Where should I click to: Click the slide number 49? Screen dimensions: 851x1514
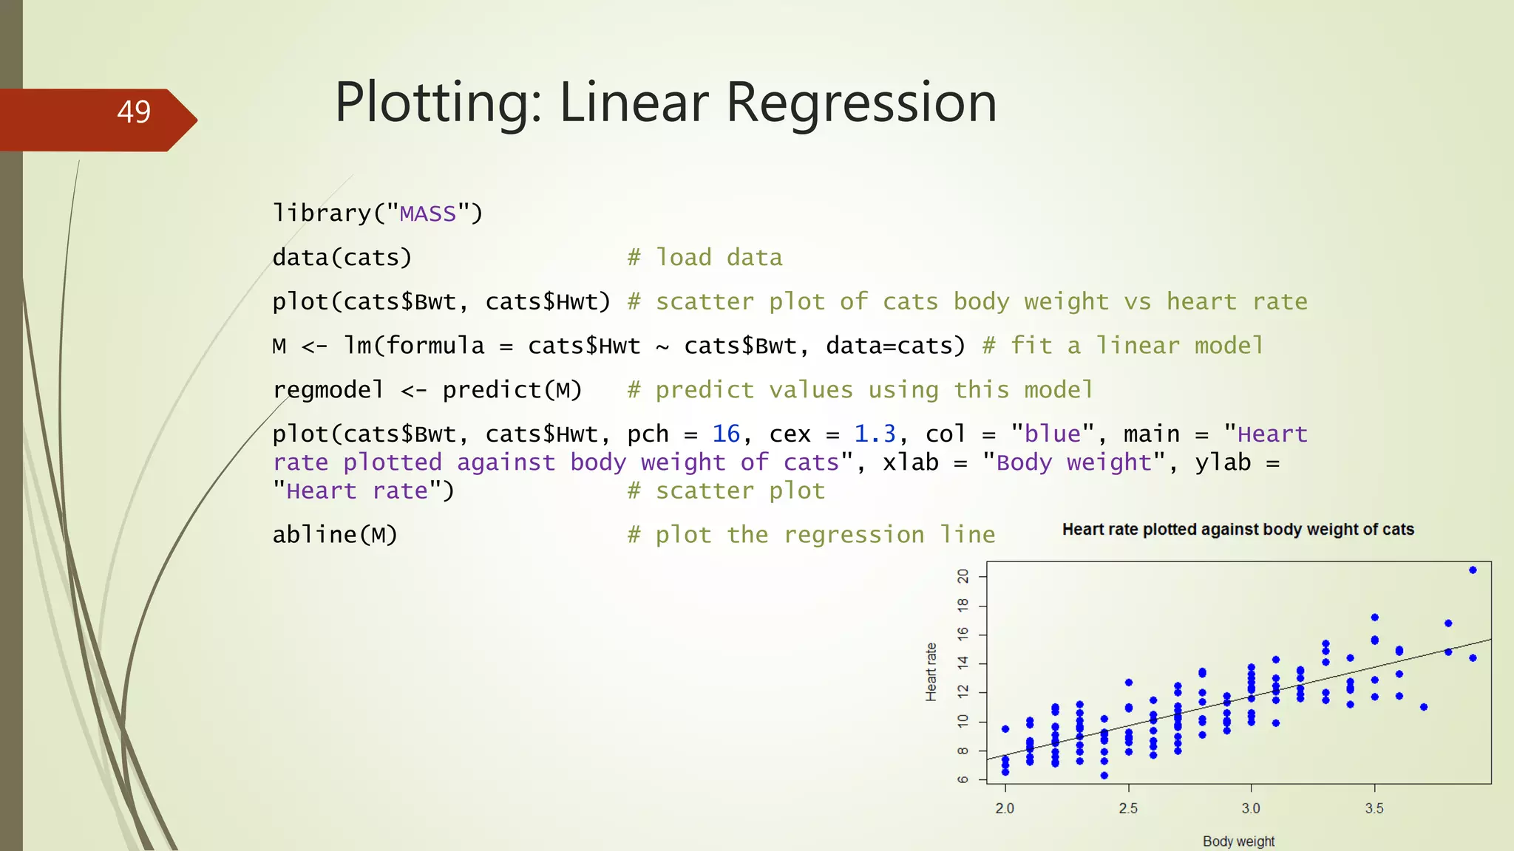coord(134,112)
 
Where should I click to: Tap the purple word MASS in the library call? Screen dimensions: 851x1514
coord(427,214)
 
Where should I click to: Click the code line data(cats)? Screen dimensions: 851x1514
coord(342,258)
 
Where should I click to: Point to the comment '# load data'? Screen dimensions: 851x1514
coord(705,258)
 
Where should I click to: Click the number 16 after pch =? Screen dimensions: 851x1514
coord(726,434)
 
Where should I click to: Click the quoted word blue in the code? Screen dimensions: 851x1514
coord(1053,434)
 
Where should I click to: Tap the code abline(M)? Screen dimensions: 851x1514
coord(335,535)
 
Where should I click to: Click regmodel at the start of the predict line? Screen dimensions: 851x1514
coord(328,390)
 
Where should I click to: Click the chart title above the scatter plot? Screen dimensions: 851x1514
coord(1238,530)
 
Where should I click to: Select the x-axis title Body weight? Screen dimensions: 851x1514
coord(1238,841)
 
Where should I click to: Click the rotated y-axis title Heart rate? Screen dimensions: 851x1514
coord(931,671)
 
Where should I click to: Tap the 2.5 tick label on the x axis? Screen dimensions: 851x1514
coord(1128,808)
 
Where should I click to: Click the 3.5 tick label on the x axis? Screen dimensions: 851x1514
coord(1374,808)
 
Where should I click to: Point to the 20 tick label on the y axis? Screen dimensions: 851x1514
coord(963,576)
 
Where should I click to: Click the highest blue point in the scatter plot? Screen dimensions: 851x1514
coord(1473,570)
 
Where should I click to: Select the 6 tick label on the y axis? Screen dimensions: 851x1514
coord(963,779)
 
